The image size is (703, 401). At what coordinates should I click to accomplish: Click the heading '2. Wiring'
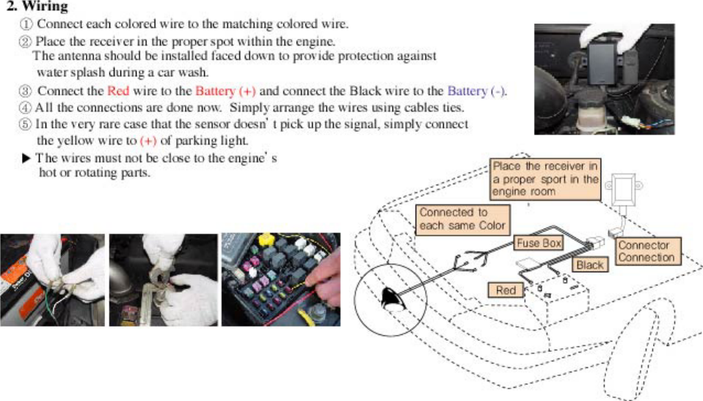(x=37, y=7)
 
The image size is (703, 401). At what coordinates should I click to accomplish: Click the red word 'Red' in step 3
(x=117, y=92)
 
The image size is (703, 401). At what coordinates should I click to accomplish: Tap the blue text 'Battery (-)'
(x=476, y=92)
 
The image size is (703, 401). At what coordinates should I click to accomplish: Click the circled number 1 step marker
(x=26, y=23)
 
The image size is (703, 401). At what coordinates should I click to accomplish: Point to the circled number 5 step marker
(x=26, y=124)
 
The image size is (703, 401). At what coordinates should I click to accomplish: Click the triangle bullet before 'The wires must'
(x=26, y=158)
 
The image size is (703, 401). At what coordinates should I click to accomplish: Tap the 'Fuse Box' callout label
(x=539, y=243)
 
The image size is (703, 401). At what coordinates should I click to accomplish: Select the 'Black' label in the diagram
(x=589, y=265)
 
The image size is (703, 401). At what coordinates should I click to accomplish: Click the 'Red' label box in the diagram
(x=506, y=290)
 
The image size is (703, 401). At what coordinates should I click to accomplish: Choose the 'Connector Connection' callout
(x=646, y=251)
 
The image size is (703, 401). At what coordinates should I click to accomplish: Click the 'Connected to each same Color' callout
(x=462, y=218)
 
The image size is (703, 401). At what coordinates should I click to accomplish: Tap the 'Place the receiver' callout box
(x=545, y=178)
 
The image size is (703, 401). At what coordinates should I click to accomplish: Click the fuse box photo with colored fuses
(x=280, y=279)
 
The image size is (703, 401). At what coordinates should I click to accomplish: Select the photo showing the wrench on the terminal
(x=163, y=279)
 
